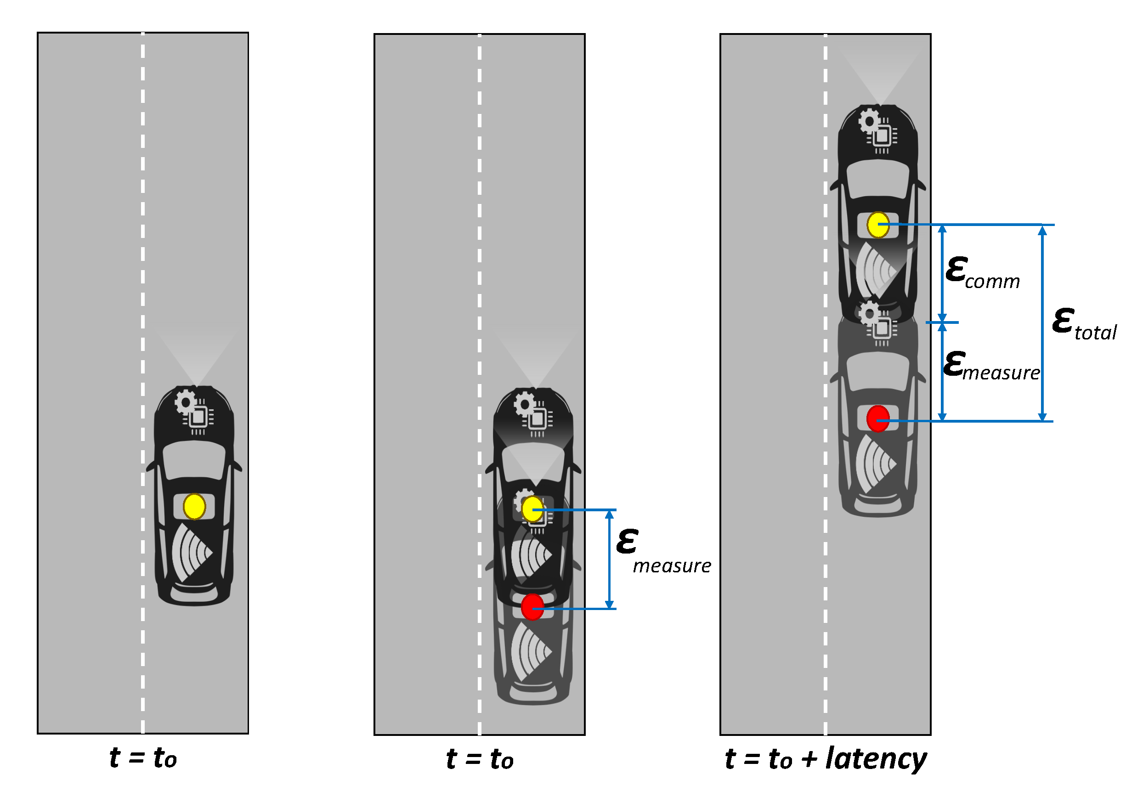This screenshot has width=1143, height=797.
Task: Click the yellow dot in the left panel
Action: point(194,506)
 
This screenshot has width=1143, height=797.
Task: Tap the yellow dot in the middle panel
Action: point(532,509)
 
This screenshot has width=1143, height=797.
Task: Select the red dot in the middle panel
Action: point(532,607)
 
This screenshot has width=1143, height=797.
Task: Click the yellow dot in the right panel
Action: point(877,225)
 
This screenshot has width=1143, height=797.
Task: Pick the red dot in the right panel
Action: point(877,418)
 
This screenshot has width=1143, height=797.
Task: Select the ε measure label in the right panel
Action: point(990,366)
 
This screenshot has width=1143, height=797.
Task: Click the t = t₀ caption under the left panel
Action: point(143,757)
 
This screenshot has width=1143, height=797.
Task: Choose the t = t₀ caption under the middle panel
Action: point(480,759)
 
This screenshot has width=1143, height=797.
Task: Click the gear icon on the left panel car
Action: point(185,402)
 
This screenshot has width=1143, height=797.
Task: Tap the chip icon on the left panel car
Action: point(198,417)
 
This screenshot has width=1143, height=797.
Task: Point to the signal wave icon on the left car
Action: point(192,552)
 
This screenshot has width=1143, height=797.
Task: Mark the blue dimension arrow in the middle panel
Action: point(609,559)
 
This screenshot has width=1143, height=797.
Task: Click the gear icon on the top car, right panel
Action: point(869,120)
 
